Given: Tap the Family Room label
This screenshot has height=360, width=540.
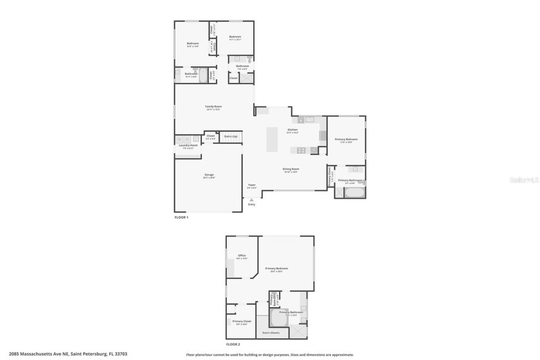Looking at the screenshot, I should coord(213,106).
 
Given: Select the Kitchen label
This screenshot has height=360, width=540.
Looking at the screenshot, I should coord(292,130).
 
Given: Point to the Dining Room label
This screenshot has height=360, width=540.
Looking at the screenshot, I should coord(291,169).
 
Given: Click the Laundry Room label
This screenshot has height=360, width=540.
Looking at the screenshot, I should coord(188,145).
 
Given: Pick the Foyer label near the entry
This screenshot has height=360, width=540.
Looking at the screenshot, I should coord(252,185).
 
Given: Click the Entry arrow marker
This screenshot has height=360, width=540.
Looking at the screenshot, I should coord(251,201).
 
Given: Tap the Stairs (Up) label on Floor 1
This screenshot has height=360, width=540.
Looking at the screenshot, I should coord(230,136).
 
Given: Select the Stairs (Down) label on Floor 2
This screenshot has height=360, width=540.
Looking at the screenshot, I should coord(271,332).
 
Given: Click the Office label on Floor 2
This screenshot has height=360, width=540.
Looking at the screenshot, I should coord(242,255).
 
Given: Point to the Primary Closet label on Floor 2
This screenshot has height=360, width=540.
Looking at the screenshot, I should coord(242,321).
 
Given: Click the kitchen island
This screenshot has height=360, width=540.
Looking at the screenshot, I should coord(272,139).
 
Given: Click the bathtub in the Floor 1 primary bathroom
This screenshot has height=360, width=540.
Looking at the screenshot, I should coord(354,192).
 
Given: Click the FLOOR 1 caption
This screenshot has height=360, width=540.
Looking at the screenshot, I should coord(181,217).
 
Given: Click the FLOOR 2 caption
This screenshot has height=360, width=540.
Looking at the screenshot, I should coord(232,345).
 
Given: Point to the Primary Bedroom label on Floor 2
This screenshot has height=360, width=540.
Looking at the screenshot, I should coord(276,268).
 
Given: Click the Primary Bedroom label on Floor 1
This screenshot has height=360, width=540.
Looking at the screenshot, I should coord(346,139).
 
